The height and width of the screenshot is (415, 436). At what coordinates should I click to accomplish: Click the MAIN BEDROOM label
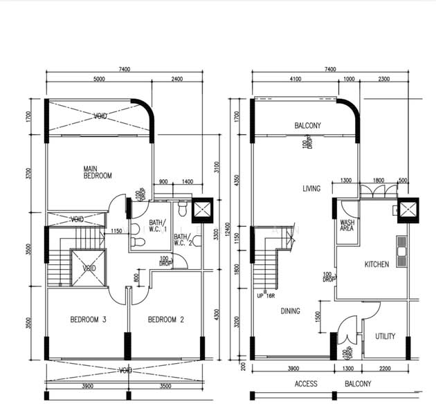pyautogui.click(x=98, y=172)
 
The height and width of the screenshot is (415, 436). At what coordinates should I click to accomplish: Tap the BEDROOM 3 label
pyautogui.click(x=88, y=320)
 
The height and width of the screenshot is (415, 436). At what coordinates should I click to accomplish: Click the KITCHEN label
pyautogui.click(x=376, y=264)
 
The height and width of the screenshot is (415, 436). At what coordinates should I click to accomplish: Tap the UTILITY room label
pyautogui.click(x=385, y=337)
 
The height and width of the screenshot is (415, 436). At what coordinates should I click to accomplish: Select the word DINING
pyautogui.click(x=291, y=311)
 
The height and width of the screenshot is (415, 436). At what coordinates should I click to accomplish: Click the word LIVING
pyautogui.click(x=311, y=188)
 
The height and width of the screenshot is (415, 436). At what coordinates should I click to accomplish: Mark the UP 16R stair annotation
pyautogui.click(x=266, y=295)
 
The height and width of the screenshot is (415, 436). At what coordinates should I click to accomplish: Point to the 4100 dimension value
pyautogui.click(x=296, y=79)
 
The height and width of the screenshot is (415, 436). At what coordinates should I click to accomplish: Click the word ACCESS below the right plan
pyautogui.click(x=305, y=384)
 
